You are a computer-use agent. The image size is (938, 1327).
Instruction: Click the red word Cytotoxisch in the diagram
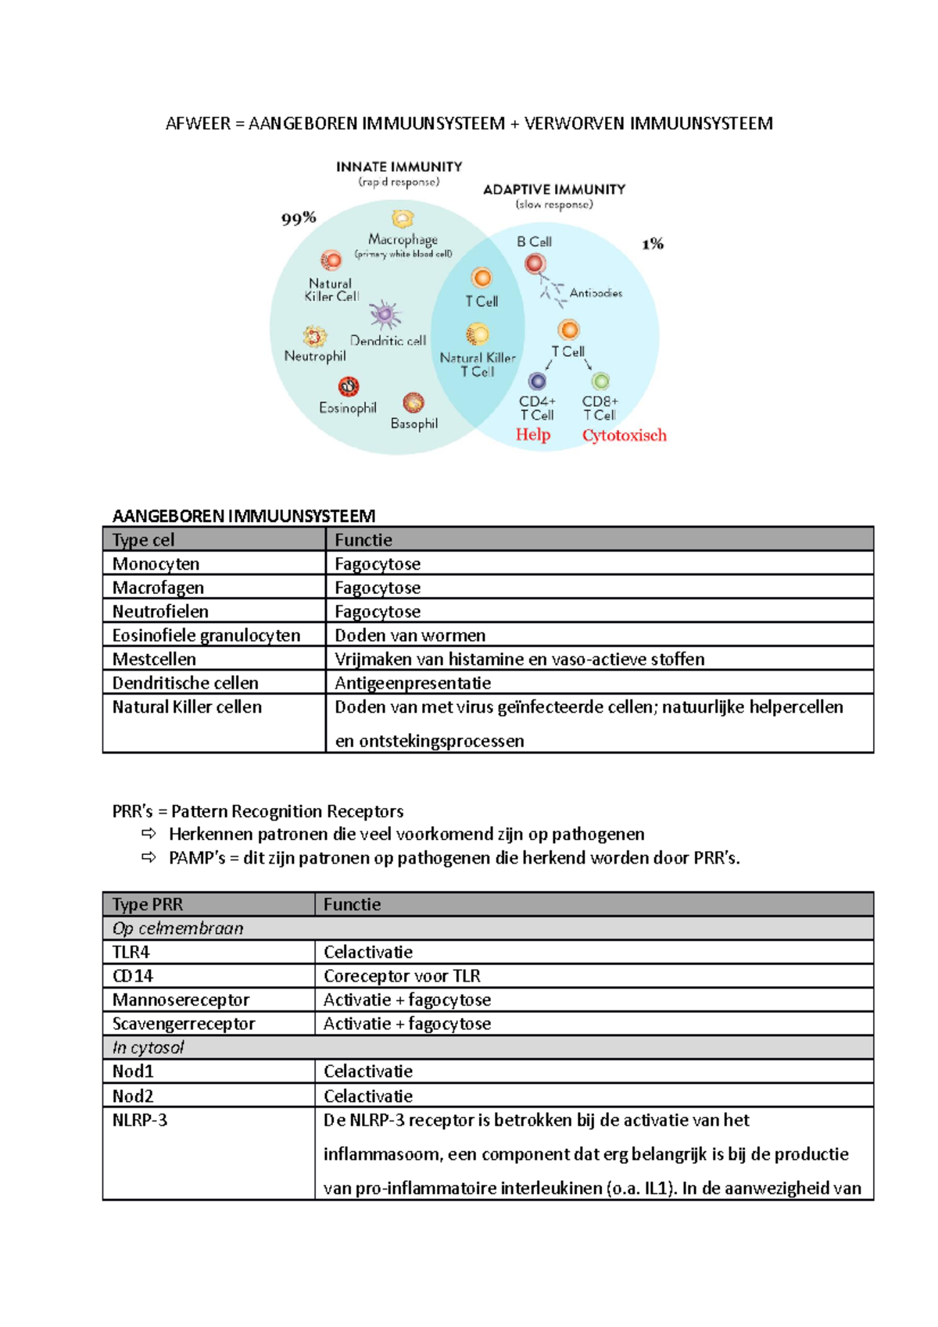[624, 435]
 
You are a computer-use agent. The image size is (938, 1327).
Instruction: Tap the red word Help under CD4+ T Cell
[533, 435]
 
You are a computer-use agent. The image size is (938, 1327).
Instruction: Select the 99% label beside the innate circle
[299, 218]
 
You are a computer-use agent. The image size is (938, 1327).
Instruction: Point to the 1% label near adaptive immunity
[653, 244]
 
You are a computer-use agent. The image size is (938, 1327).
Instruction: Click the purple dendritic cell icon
[385, 315]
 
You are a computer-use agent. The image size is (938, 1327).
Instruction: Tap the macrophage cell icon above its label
[403, 219]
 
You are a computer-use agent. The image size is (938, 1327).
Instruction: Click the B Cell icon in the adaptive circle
[535, 264]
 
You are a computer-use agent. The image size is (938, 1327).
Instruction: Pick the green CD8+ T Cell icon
[600, 381]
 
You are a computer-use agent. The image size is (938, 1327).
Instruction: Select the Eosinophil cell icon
[349, 386]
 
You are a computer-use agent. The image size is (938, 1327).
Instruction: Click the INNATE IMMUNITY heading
[399, 166]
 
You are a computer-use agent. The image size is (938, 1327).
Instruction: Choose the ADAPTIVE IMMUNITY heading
[554, 189]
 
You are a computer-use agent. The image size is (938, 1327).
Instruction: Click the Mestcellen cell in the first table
[154, 659]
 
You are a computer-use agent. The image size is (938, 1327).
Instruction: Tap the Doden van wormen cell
[410, 635]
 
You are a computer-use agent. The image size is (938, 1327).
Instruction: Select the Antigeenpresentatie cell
[413, 683]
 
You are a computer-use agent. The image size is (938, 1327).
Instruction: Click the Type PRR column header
[148, 904]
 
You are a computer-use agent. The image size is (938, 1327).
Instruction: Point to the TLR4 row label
[131, 952]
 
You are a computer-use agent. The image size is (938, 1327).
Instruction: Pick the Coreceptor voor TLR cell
[402, 976]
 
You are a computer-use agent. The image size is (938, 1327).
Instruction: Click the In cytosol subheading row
[148, 1047]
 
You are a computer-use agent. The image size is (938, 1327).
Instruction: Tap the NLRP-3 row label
[140, 1120]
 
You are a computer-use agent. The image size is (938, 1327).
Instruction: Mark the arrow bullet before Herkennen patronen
[149, 834]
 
